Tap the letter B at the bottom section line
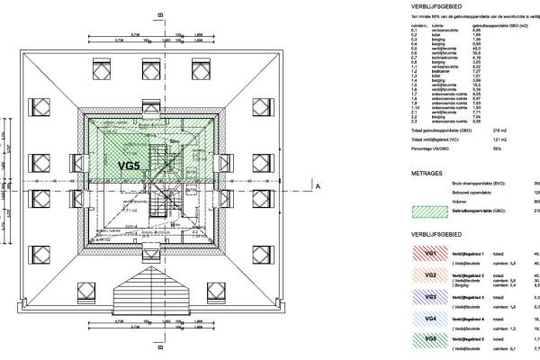159,345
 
